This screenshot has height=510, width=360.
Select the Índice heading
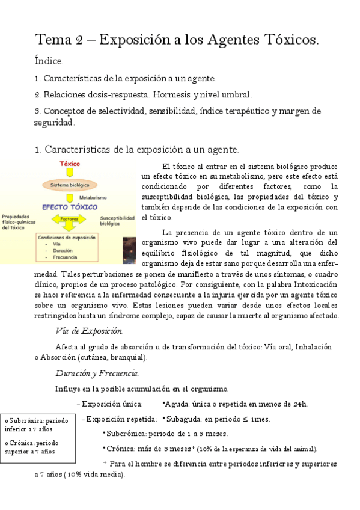pos(49,61)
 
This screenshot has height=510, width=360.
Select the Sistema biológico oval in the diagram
pos(70,185)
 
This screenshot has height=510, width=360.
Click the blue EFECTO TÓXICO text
pos(69,207)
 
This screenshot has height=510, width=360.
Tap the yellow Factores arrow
pos(69,220)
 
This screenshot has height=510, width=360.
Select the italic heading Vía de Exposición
pos(88,331)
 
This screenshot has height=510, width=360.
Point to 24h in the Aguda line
pos(299,404)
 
